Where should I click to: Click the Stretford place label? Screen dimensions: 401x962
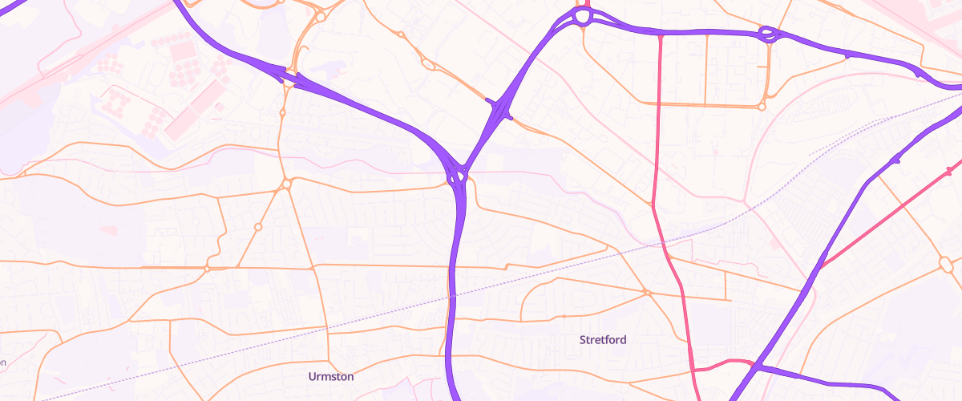[x=603, y=340]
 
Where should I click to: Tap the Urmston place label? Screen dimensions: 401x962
[x=331, y=376]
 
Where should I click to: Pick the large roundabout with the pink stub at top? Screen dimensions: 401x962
[x=583, y=17]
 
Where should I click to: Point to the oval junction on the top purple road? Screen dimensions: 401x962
[x=767, y=34]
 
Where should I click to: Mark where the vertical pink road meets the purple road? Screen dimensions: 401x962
[x=660, y=34]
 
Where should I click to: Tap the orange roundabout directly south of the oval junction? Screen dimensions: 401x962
[x=762, y=106]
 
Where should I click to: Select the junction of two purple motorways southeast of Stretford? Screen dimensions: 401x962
[x=757, y=367]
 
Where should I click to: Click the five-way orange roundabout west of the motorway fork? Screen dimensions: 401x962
[x=286, y=185]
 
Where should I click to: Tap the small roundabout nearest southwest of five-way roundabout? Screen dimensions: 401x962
[x=258, y=228]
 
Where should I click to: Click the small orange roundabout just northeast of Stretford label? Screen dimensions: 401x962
[x=645, y=292]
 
